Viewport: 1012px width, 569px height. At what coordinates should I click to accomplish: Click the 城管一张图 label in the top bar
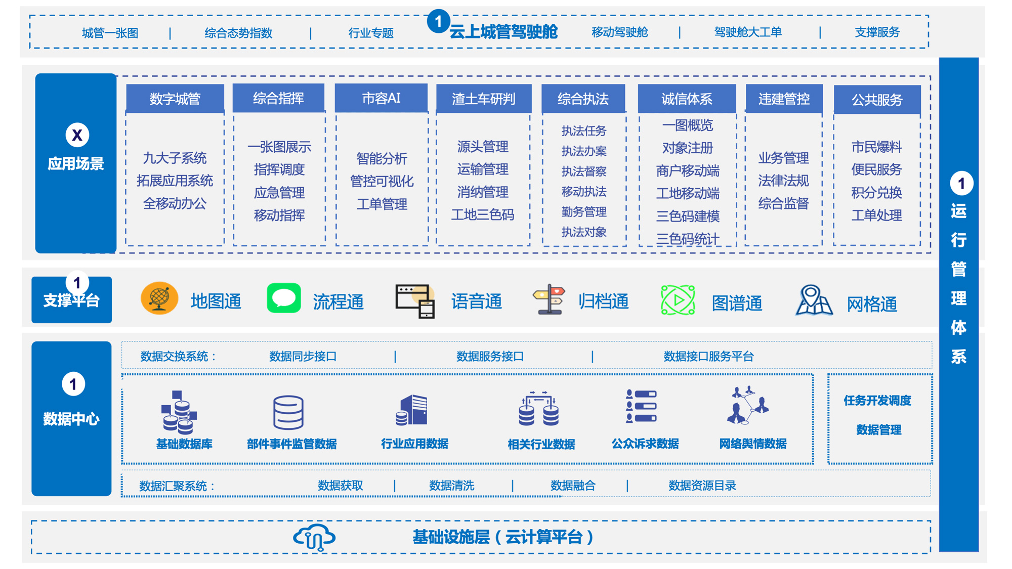(110, 33)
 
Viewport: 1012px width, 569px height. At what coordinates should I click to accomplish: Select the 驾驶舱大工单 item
(748, 32)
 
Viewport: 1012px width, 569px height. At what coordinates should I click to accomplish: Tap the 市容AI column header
(381, 98)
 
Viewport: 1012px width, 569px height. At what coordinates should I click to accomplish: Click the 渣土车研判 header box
(484, 99)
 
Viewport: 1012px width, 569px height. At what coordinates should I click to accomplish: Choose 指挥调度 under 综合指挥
(279, 169)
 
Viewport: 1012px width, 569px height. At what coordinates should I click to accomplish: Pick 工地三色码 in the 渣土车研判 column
(483, 215)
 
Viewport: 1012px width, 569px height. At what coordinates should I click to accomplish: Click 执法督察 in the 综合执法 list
(584, 171)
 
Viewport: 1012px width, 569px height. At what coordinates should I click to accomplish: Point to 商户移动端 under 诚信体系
(688, 171)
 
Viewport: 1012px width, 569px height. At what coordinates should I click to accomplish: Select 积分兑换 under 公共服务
(876, 193)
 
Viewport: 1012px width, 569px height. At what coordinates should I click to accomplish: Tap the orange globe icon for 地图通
(159, 298)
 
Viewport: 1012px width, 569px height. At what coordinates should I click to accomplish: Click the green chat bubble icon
(284, 298)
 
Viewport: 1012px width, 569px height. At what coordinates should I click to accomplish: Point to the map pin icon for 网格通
(814, 300)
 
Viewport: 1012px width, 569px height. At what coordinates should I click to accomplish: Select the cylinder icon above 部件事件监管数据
(288, 412)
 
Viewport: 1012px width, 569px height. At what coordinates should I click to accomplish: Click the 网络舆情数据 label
(753, 444)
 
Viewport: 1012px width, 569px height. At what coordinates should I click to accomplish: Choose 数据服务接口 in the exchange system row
(490, 357)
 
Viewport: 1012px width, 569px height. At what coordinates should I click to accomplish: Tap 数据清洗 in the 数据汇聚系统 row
(451, 486)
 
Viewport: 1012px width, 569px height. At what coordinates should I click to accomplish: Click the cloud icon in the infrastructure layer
(314, 537)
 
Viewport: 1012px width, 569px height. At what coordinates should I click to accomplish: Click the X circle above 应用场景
(77, 135)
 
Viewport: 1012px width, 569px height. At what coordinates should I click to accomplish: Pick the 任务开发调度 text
(877, 401)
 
